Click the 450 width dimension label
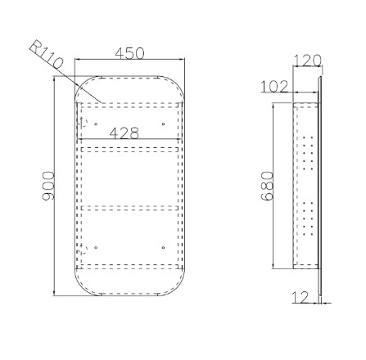tap(129, 53)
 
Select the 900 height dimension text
tap(48, 186)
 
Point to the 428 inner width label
tap(124, 133)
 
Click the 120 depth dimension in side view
tap(308, 61)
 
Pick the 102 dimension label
tap(274, 87)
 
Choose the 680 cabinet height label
tap(267, 186)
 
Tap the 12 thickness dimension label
tap(300, 297)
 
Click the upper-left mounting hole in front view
tap(96, 124)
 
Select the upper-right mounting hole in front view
tap(163, 124)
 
